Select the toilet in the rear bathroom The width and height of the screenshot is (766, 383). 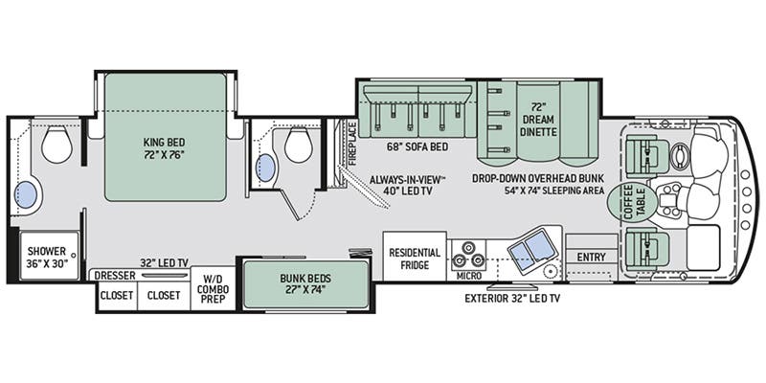coord(56,145)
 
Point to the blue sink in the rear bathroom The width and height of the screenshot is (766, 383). coord(27,195)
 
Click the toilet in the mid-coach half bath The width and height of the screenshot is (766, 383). coord(298,146)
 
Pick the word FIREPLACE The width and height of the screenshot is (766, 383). coord(351,141)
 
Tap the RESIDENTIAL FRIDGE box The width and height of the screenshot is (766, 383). coord(415,258)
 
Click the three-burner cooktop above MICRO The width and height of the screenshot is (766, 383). coord(468,254)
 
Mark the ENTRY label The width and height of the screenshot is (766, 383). coord(590,256)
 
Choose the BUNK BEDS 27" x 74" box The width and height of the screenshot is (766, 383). coord(305,284)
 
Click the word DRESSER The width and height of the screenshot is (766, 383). coord(113,276)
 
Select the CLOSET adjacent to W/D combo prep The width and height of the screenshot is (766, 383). coord(163,296)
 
